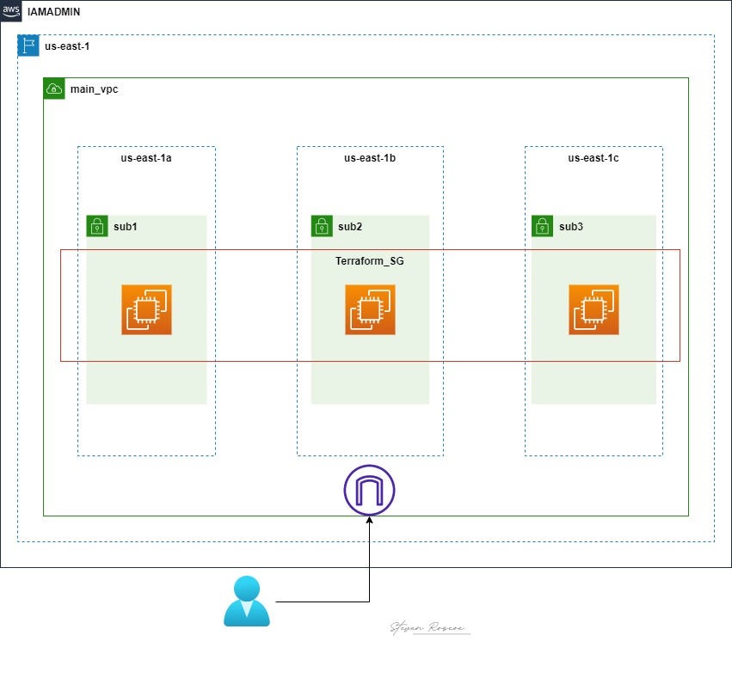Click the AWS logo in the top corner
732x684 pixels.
coord(12,12)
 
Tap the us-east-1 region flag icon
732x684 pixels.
coord(28,46)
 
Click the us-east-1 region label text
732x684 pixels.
coord(67,46)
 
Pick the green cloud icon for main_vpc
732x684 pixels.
coord(54,89)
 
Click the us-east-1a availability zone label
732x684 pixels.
coord(146,158)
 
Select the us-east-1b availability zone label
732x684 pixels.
coord(370,158)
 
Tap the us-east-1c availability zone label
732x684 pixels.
coord(594,158)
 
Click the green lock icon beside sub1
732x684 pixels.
coord(96,226)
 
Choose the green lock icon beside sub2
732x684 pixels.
coord(322,226)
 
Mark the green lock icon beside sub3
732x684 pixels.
coord(542,226)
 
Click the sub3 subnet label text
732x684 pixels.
coord(571,227)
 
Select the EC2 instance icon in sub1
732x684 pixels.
coord(146,309)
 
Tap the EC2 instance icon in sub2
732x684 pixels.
coord(370,309)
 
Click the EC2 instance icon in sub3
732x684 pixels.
coord(594,309)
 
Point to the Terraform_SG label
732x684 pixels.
coord(369,260)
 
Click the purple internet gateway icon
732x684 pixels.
coord(369,490)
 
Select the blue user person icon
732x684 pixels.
coord(247,601)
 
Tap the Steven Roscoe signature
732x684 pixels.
coord(428,628)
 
